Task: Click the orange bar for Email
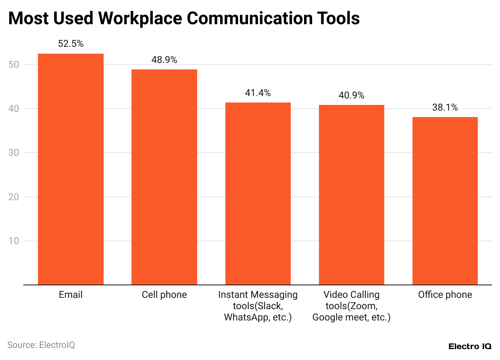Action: [x=71, y=169]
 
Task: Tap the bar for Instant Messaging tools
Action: [x=258, y=193]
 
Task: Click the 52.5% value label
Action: [x=71, y=44]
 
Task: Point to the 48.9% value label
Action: [x=164, y=60]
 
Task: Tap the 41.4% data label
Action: [x=258, y=93]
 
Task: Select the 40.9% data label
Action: [x=351, y=95]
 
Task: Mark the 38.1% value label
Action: [x=445, y=107]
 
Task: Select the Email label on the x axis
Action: [x=71, y=295]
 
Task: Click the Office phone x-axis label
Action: [x=445, y=295]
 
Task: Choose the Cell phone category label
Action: [x=164, y=295]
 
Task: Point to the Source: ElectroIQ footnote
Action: [x=41, y=345]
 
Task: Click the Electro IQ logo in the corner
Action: [x=470, y=346]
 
